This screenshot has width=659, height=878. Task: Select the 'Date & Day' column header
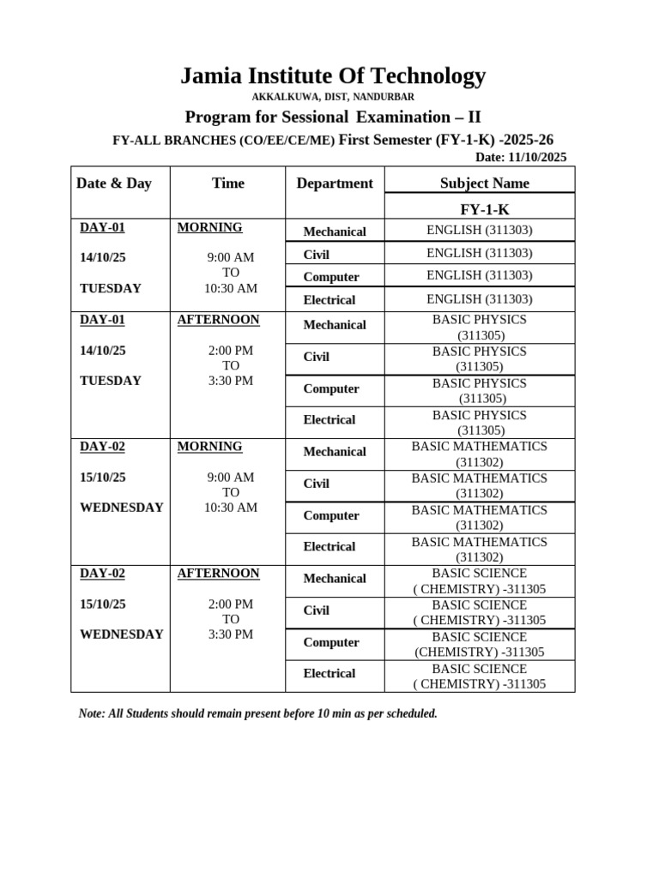pos(114,183)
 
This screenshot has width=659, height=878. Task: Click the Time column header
pos(227,183)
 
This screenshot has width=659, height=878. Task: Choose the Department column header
pos(335,183)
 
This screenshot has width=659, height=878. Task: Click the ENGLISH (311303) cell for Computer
pos(480,275)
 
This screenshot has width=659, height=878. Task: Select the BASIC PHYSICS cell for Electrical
pos(481,423)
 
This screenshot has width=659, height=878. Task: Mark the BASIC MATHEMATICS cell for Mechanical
pos(479,454)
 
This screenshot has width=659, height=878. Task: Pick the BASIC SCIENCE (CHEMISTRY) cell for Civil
pos(479,612)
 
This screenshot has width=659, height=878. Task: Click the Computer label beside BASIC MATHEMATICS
pos(331,515)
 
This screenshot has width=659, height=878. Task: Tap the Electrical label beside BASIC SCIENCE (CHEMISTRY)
pos(329,674)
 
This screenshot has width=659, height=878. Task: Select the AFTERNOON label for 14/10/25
pos(218,320)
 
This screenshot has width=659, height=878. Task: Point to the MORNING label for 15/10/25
pos(209,447)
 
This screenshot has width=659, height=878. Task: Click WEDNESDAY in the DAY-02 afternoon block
pos(121,634)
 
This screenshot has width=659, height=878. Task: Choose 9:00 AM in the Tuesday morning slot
pos(231,257)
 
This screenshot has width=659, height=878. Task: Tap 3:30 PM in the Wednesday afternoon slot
pos(231,634)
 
